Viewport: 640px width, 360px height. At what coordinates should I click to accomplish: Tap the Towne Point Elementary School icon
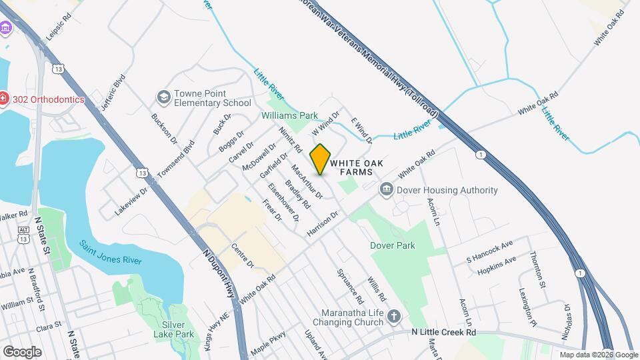(x=163, y=99)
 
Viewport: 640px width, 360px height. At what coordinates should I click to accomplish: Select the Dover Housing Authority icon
(x=386, y=191)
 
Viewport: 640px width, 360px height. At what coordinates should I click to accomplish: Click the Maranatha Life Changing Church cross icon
(x=394, y=316)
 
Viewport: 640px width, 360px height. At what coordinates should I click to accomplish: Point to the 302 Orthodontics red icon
(x=4, y=99)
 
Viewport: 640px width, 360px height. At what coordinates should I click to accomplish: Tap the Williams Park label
(x=289, y=115)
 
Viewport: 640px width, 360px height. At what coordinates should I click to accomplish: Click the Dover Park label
(x=393, y=245)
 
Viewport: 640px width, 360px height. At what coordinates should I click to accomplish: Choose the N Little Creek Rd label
(x=443, y=331)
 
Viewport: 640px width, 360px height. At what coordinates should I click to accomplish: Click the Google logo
(x=22, y=351)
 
